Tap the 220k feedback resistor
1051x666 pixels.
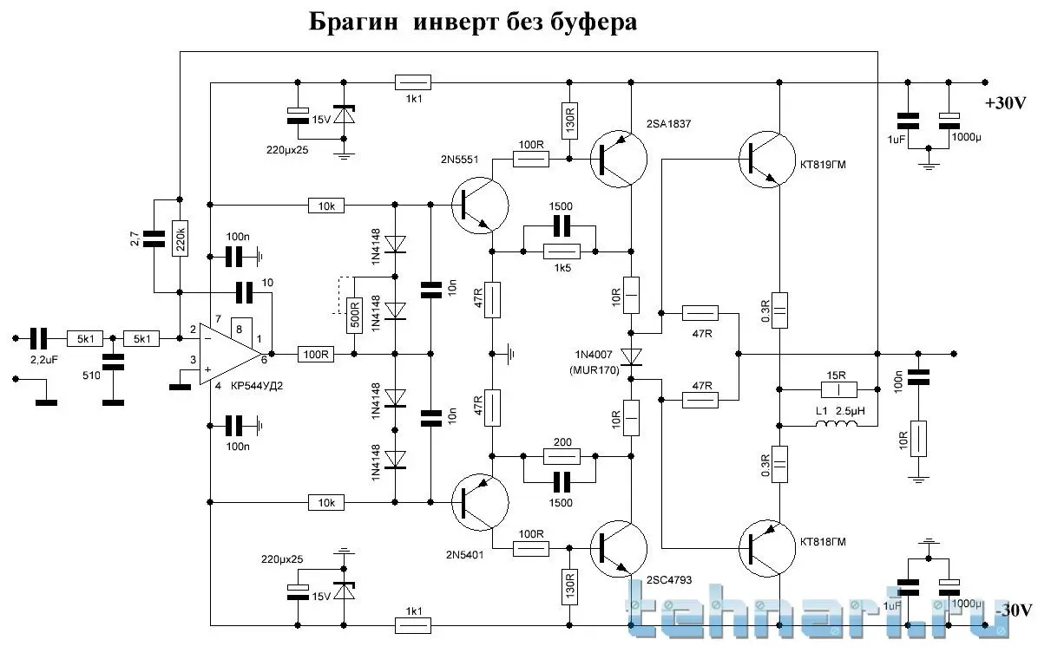click(x=179, y=235)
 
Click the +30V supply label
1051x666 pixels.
click(x=1006, y=103)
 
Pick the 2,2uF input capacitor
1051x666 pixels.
click(x=40, y=338)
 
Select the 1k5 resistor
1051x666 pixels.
click(x=560, y=251)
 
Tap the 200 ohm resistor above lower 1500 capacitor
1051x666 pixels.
click(x=560, y=456)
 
